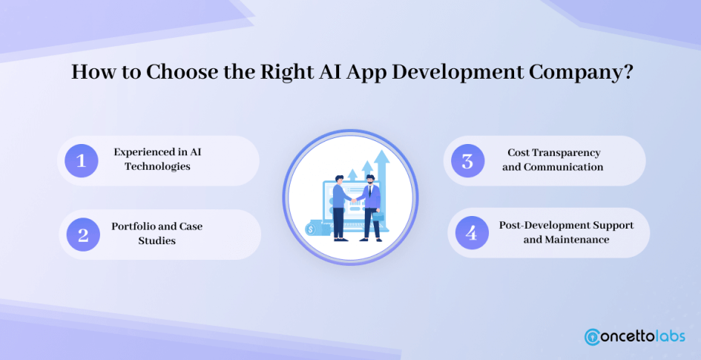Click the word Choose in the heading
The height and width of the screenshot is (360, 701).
coord(178,71)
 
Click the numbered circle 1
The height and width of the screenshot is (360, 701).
coord(82,160)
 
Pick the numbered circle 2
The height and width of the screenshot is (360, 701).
coord(83,235)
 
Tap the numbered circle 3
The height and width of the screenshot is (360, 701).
coord(467,160)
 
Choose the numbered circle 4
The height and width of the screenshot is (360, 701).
coord(472,233)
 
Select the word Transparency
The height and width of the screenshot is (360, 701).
coord(570,153)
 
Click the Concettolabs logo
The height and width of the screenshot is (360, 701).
coord(634,336)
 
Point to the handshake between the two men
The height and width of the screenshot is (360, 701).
coord(354,200)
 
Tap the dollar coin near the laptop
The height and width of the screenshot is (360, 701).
coord(311,229)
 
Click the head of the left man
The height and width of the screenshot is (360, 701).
coord(338,180)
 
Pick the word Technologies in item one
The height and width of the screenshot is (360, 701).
coord(157,166)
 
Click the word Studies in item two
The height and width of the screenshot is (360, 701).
coord(157,240)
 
